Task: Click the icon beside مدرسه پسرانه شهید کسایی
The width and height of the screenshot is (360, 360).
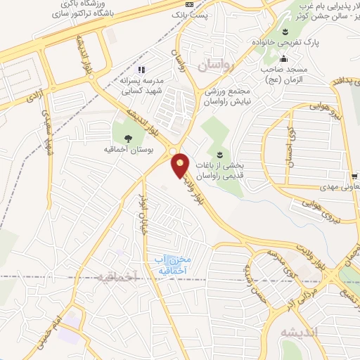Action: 141,70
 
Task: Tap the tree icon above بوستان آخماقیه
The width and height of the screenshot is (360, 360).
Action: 128,139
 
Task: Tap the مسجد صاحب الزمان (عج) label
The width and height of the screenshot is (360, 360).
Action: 285,74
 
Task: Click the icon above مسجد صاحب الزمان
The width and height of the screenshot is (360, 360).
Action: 284,59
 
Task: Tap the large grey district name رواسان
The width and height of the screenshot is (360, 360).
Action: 224,66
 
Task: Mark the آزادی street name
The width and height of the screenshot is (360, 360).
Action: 32,98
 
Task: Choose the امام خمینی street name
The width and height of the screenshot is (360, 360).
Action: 53,314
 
